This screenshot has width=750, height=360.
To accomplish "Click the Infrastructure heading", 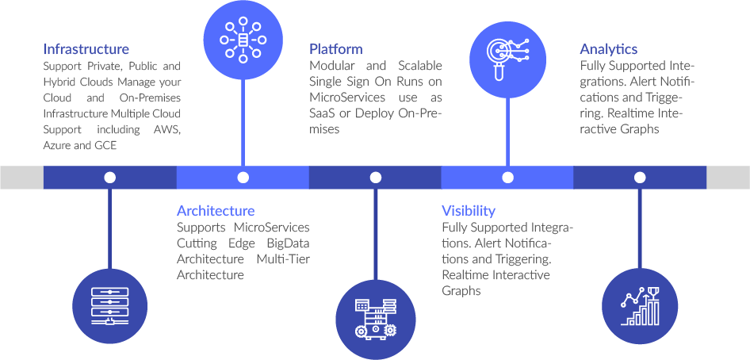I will point(86,49).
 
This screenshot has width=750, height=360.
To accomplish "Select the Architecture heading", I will point(216,211).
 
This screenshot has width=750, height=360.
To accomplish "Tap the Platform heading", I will point(335,49).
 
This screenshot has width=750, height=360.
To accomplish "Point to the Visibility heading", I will point(468,211).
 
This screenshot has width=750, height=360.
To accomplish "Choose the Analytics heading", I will point(608,49).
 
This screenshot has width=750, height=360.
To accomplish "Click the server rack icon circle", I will point(110,304).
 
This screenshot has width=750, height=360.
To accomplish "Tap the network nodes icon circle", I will point(243,40).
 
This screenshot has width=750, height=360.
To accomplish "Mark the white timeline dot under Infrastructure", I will point(110,178).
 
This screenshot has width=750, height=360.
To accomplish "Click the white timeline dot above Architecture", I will point(243,178).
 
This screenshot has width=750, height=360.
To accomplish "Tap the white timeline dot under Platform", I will point(374,178).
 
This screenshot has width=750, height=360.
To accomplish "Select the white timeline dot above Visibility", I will point(507,178).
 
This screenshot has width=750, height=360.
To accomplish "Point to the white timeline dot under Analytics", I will point(639,178).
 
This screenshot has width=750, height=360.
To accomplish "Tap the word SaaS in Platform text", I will point(321,114).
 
